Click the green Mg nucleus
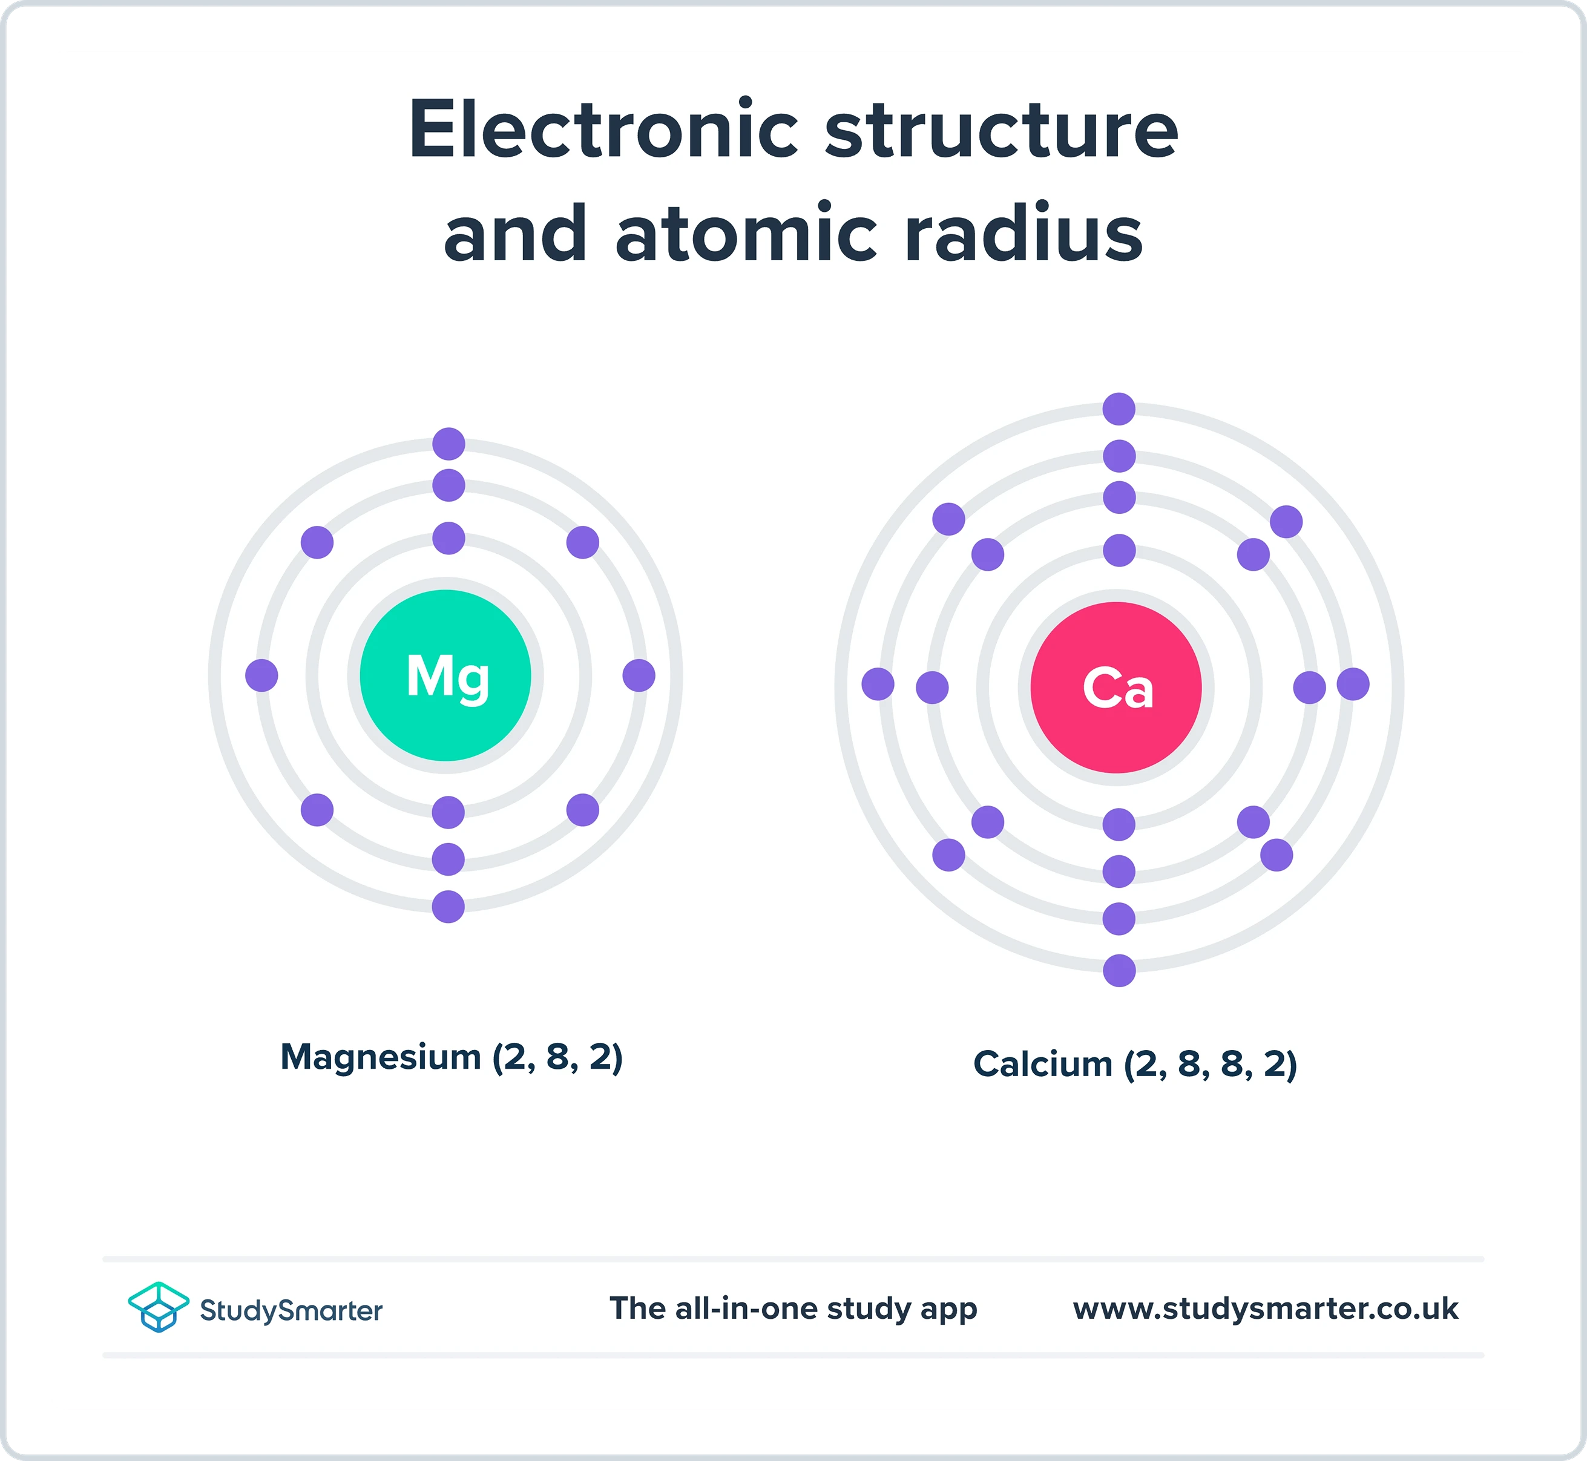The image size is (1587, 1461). [445, 675]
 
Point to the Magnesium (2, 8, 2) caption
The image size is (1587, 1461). [452, 1057]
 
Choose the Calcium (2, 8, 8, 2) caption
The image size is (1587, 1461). [1135, 1064]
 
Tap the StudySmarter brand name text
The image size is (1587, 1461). [291, 1310]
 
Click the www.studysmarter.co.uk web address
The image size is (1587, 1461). [1265, 1308]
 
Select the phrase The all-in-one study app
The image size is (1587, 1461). [793, 1308]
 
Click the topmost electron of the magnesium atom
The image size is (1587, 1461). [448, 444]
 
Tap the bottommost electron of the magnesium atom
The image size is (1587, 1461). [448, 907]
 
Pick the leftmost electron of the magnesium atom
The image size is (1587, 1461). [261, 675]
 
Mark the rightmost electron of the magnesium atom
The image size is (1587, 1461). [639, 675]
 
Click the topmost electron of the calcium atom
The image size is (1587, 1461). [1119, 409]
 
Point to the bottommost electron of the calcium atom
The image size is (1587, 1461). [1119, 970]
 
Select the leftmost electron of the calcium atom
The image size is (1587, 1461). [878, 684]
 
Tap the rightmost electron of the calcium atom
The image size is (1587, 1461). [1353, 684]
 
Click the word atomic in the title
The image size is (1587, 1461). [746, 234]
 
